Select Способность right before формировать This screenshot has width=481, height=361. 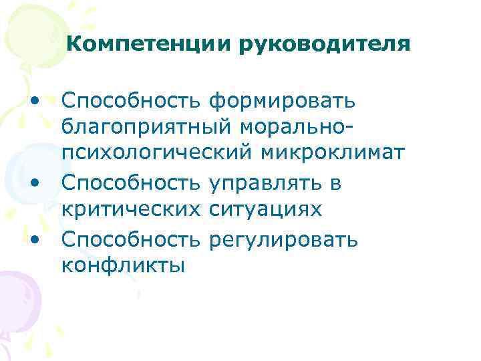click(131, 102)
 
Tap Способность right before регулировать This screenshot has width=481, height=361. click(131, 238)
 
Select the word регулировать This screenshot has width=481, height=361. click(283, 239)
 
